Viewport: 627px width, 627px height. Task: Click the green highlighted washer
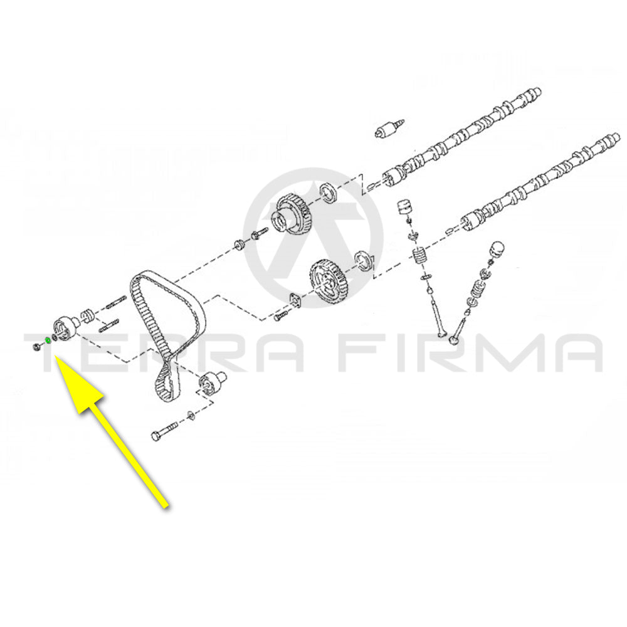(48, 340)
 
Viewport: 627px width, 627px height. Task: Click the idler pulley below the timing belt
(211, 382)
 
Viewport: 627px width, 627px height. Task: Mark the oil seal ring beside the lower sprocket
(364, 261)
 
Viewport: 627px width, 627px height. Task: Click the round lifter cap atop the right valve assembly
(497, 249)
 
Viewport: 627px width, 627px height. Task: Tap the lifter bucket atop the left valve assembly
(404, 206)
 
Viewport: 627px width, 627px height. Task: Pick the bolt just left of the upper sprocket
(259, 234)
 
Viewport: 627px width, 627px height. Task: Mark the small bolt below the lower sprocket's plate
(280, 317)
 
